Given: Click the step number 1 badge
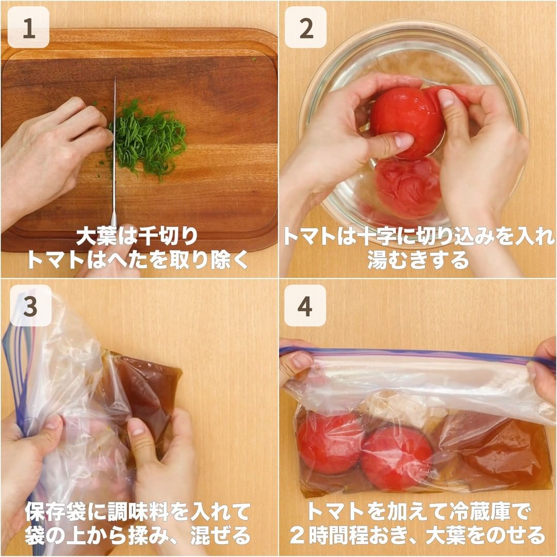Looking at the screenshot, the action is [28, 27].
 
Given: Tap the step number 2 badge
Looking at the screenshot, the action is [306, 27].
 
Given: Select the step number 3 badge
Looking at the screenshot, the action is [30, 305].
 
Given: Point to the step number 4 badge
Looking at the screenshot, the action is [305, 305].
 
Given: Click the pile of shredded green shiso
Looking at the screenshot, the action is [148, 139].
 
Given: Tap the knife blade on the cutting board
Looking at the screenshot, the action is [114, 153].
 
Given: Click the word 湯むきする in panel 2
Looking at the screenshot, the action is [418, 260].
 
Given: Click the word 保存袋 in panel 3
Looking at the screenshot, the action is [55, 512].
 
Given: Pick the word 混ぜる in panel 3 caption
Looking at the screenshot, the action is [221, 535].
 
